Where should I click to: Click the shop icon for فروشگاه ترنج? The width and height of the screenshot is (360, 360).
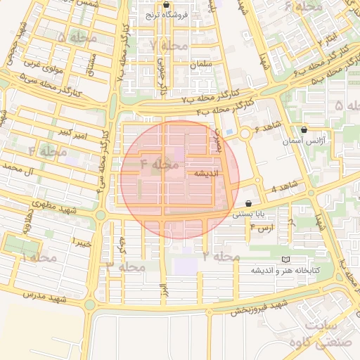(165, 4)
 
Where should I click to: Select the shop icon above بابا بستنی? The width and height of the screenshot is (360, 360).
(249, 203)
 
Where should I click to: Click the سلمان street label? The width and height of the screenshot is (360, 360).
(200, 65)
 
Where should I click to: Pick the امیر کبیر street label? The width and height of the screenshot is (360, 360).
(74, 131)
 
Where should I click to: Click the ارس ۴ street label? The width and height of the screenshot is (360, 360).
(261, 229)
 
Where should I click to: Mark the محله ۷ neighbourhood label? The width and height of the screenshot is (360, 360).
(165, 46)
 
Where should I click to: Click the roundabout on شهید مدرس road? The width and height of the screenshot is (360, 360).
(90, 304)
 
